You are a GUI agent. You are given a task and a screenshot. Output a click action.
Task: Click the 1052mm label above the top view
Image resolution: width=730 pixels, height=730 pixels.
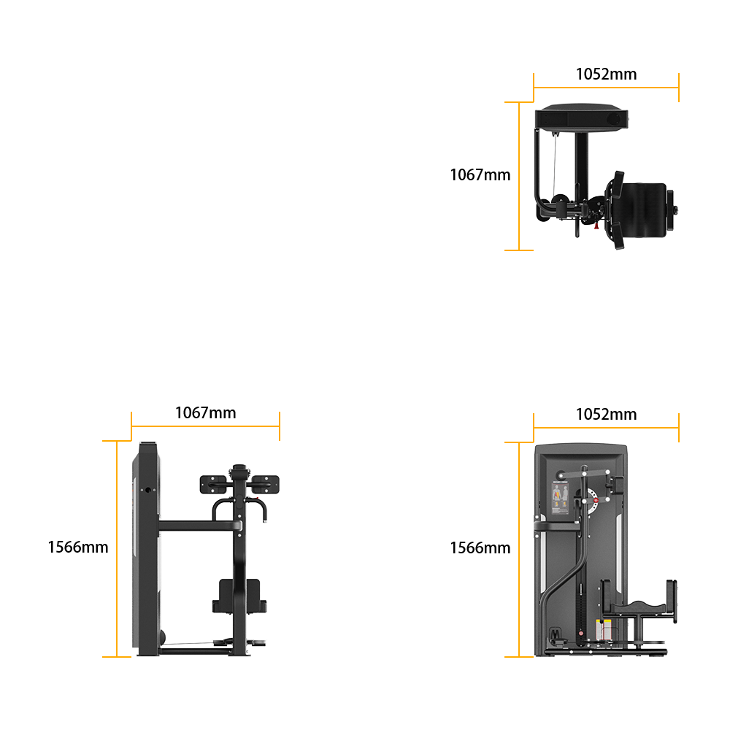pyautogui.click(x=606, y=74)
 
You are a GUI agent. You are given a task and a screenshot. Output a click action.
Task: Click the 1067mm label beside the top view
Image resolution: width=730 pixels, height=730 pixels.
pyautogui.click(x=480, y=175)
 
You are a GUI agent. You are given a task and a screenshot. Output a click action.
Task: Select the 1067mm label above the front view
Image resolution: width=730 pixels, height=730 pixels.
pyautogui.click(x=205, y=413)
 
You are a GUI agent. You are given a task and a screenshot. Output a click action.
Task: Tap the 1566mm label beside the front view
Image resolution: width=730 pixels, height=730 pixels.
pyautogui.click(x=78, y=547)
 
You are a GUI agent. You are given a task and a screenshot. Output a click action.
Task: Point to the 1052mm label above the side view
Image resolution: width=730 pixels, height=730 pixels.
pyautogui.click(x=606, y=415)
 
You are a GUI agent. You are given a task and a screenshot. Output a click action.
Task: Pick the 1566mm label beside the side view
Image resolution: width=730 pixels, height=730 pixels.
pyautogui.click(x=480, y=548)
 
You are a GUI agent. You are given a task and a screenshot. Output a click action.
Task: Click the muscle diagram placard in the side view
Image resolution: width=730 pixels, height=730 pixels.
pyautogui.click(x=560, y=498)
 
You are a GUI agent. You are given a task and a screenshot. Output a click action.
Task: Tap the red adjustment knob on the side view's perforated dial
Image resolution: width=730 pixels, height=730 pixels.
pyautogui.click(x=596, y=500)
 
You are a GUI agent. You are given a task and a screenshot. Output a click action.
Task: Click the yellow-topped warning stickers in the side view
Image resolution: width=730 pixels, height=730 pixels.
pyautogui.click(x=604, y=629)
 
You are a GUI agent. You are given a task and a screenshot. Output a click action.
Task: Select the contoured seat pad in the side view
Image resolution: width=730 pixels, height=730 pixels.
pyautogui.click(x=638, y=607)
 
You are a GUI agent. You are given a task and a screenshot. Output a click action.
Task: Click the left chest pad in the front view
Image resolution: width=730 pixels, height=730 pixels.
pyautogui.click(x=213, y=484)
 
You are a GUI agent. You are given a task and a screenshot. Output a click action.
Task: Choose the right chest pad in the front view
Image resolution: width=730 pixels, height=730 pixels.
pyautogui.click(x=266, y=484)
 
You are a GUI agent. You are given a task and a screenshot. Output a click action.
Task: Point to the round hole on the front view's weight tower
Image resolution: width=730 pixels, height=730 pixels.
pyautogui.click(x=148, y=490)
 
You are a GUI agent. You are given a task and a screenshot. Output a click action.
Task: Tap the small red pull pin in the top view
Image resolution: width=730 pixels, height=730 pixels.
pyautogui.click(x=596, y=226)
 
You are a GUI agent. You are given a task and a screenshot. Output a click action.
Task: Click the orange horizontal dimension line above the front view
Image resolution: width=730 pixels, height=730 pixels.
pyautogui.click(x=205, y=426)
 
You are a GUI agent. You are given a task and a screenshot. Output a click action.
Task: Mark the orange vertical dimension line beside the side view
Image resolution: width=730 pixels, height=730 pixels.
pyautogui.click(x=519, y=550)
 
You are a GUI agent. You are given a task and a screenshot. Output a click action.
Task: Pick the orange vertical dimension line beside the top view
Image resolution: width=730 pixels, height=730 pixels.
pyautogui.click(x=519, y=176)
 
